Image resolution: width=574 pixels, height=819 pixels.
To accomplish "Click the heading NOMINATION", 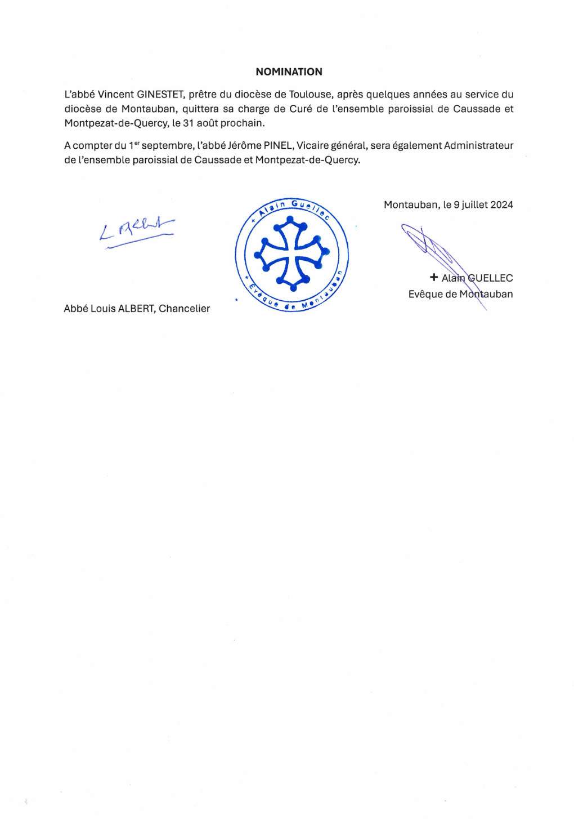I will tap(289, 72).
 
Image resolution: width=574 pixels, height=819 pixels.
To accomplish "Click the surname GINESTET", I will tap(160, 95).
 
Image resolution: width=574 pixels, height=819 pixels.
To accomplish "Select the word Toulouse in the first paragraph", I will tap(310, 95).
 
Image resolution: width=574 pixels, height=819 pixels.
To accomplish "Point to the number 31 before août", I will tap(189, 123).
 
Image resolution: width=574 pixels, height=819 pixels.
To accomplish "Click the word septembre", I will tap(167, 145).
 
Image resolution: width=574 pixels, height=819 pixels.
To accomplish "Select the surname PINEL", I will tap(278, 145).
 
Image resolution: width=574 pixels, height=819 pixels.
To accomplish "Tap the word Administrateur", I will tap(478, 145).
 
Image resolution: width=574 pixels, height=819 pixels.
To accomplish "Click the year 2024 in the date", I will tap(501, 205).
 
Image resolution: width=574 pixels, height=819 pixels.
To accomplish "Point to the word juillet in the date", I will tap(474, 205).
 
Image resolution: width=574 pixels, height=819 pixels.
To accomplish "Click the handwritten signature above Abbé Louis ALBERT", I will tap(137, 231).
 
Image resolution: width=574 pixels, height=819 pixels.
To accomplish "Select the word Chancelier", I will tap(184, 309).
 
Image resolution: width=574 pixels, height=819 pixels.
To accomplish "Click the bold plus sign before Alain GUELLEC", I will tap(433, 277).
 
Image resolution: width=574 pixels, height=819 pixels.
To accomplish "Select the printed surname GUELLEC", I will tap(490, 278).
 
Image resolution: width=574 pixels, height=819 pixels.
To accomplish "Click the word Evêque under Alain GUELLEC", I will tap(426, 294).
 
